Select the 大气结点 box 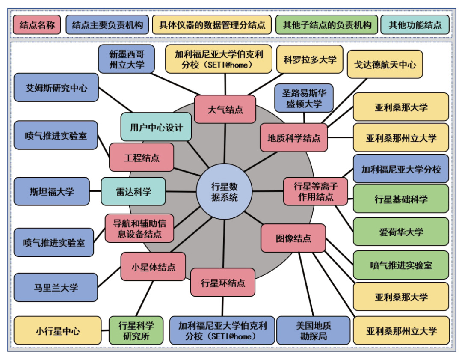click(x=225, y=109)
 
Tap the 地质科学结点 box click(x=294, y=138)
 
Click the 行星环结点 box click(x=223, y=283)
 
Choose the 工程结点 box click(x=142, y=157)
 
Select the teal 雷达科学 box click(x=133, y=191)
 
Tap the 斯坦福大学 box click(x=52, y=191)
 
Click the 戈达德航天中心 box click(x=385, y=65)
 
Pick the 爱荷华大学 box click(x=401, y=232)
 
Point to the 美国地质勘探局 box click(x=314, y=330)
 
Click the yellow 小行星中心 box click(x=58, y=330)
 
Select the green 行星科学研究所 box click(x=136, y=330)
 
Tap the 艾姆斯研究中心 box click(x=56, y=87)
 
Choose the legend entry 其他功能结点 click(x=415, y=24)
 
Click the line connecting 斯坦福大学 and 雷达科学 click(x=95, y=191)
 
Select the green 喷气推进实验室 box click(x=401, y=265)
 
